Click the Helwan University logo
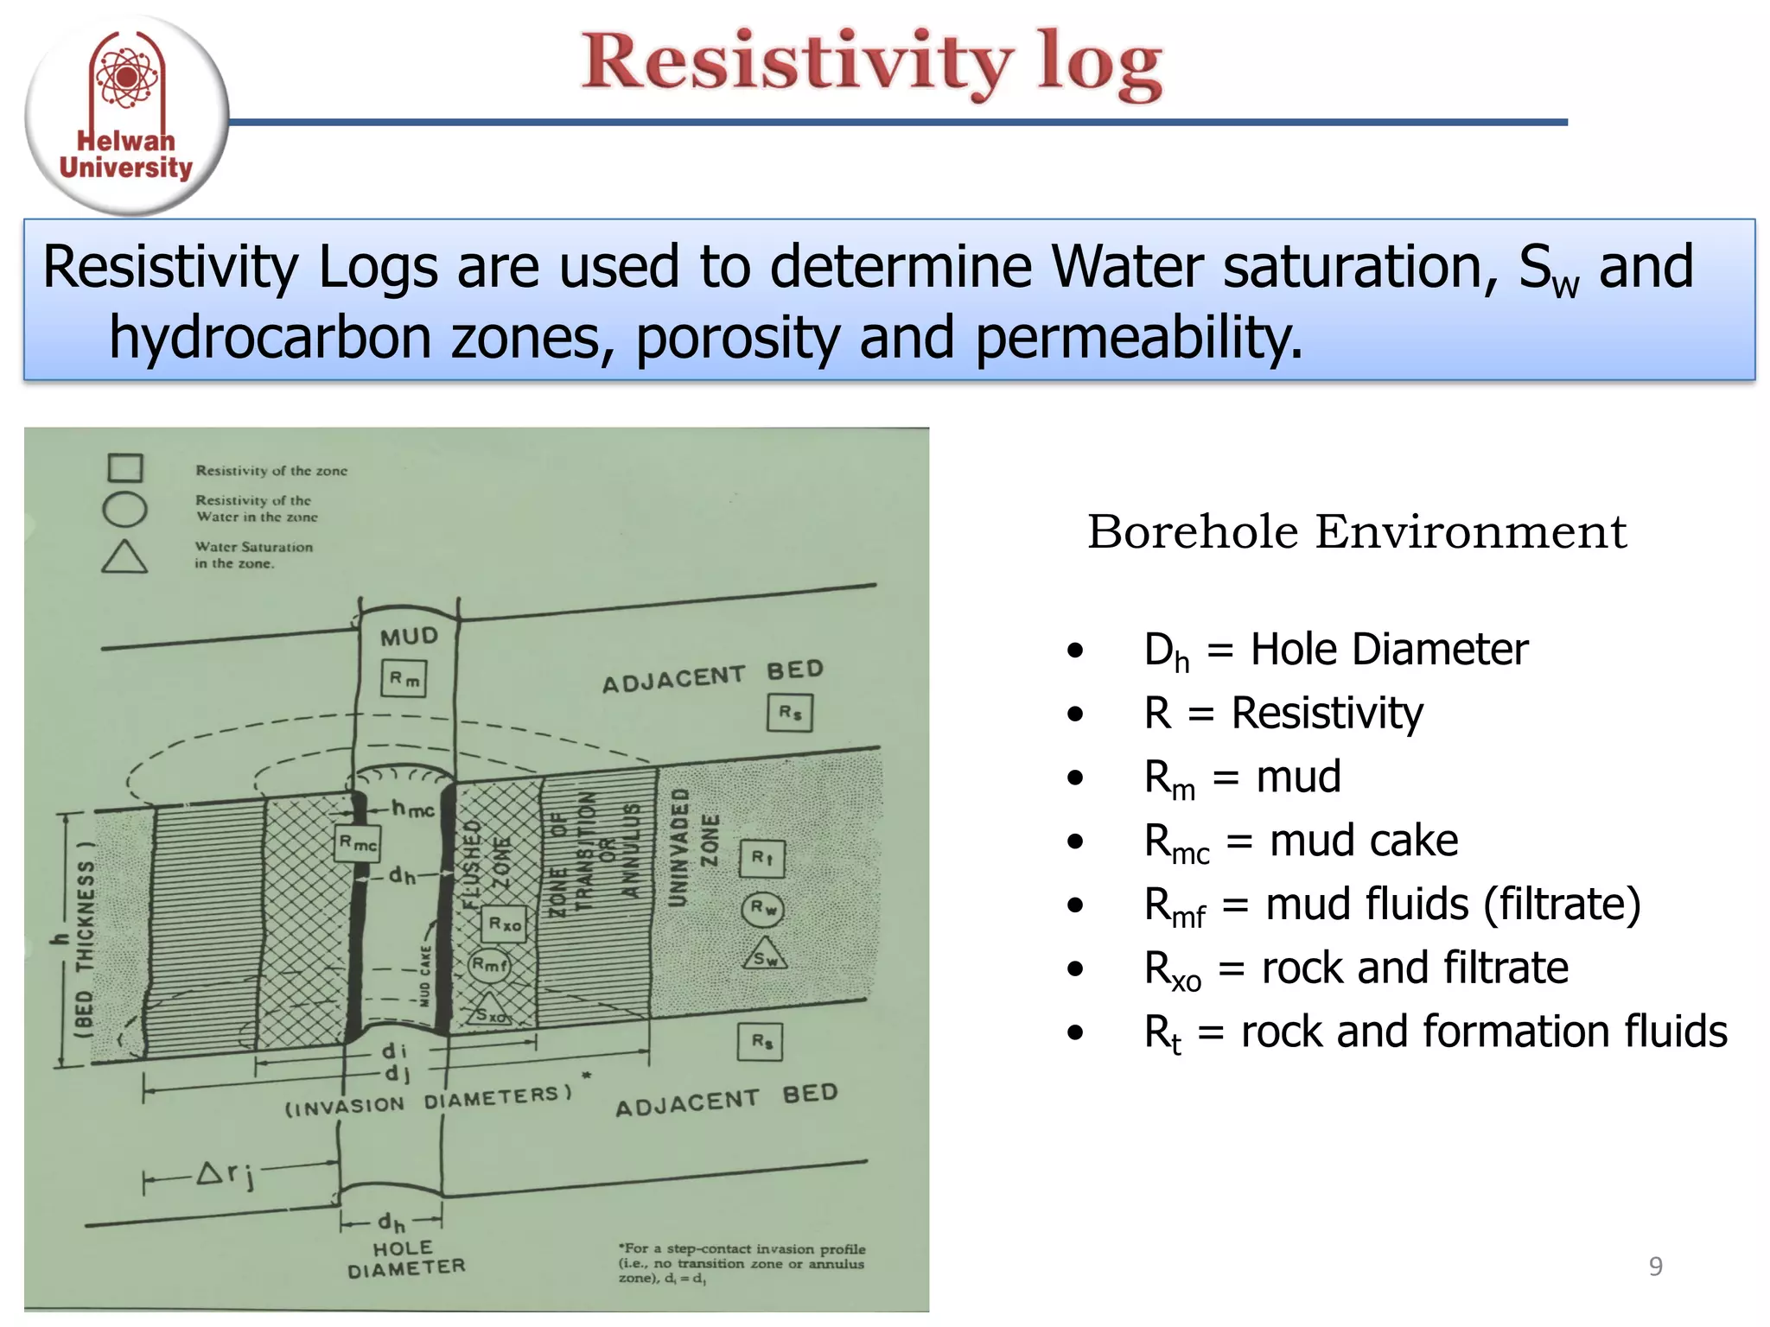pyautogui.click(x=126, y=115)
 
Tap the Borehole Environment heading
pyautogui.click(x=1356, y=531)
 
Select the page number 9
pyautogui.click(x=1655, y=1267)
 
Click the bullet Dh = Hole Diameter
pyautogui.click(x=1335, y=650)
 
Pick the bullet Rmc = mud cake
pyautogui.click(x=1301, y=841)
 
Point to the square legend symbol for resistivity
pyautogui.click(x=125, y=467)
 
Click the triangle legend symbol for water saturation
pyautogui.click(x=124, y=557)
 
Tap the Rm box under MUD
pyautogui.click(x=404, y=679)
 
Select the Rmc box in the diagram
pyautogui.click(x=358, y=842)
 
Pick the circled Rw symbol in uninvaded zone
pyautogui.click(x=762, y=909)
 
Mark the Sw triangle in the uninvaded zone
pyautogui.click(x=765, y=955)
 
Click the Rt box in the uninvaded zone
pyautogui.click(x=762, y=859)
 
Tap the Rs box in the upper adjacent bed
pyautogui.click(x=790, y=713)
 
